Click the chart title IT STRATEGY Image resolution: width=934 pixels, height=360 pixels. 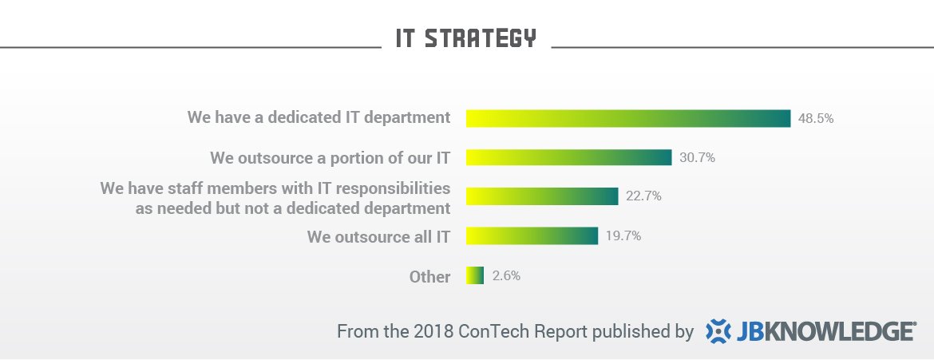(466, 38)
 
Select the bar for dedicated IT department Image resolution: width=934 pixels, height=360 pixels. (628, 118)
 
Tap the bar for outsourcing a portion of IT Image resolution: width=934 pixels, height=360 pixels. (568, 157)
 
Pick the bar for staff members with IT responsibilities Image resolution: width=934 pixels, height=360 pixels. (542, 196)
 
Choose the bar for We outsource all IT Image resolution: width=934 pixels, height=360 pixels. (532, 235)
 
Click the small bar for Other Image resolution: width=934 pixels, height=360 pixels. (475, 275)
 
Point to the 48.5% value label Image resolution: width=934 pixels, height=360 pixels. (816, 118)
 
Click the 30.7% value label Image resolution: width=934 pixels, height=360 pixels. (697, 157)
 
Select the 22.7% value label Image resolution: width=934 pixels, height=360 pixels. (643, 196)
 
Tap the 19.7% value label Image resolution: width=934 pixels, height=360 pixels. (623, 235)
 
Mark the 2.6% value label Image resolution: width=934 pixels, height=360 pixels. (507, 275)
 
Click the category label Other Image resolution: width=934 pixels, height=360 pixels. (429, 277)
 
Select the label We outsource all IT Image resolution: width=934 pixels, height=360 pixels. (378, 236)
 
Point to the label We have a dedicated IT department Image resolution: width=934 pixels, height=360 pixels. (319, 117)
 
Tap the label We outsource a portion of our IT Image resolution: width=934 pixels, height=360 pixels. (330, 157)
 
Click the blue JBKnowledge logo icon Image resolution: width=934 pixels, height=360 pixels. (719, 330)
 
